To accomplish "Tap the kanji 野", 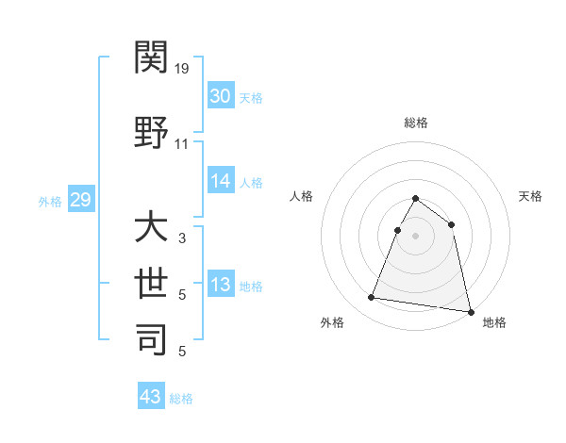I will (151, 132).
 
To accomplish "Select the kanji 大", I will (151, 229).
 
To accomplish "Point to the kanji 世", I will (151, 283).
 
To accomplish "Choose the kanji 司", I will (151, 339).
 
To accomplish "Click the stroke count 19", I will (182, 69).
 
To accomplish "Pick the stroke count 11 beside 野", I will (182, 144).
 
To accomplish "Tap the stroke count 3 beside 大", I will (181, 239).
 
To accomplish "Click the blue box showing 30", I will (220, 96).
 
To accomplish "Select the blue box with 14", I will (220, 182).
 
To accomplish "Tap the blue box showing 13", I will (220, 286).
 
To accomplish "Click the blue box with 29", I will (80, 200).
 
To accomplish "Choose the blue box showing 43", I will (151, 397).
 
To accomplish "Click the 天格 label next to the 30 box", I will (251, 98).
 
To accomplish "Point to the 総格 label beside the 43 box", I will (181, 399).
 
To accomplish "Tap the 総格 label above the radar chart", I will (415, 123).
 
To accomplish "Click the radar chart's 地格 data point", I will (471, 312).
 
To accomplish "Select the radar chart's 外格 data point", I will (372, 298).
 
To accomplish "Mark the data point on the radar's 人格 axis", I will (398, 230).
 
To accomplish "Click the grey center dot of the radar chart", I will (415, 236).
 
